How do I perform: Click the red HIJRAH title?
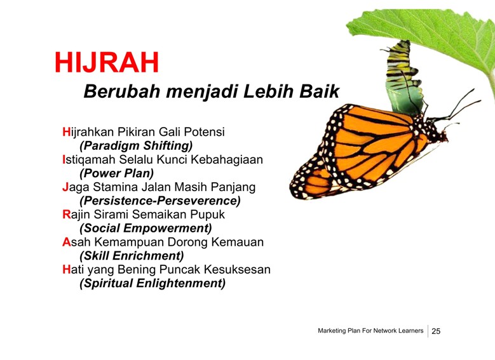(107, 62)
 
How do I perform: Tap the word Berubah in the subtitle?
(122, 91)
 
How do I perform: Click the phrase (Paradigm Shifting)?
(136, 146)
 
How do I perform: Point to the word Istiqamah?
(89, 160)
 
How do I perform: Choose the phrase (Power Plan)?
(116, 173)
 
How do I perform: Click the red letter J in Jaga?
(65, 187)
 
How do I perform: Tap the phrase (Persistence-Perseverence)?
(160, 201)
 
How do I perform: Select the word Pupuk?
(207, 215)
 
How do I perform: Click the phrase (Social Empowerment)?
(146, 228)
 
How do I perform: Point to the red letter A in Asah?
(66, 242)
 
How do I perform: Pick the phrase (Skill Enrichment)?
(132, 256)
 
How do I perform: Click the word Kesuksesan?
(237, 269)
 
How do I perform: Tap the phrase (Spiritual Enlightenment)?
(153, 283)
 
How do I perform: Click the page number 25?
(436, 331)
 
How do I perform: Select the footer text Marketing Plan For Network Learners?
(370, 331)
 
